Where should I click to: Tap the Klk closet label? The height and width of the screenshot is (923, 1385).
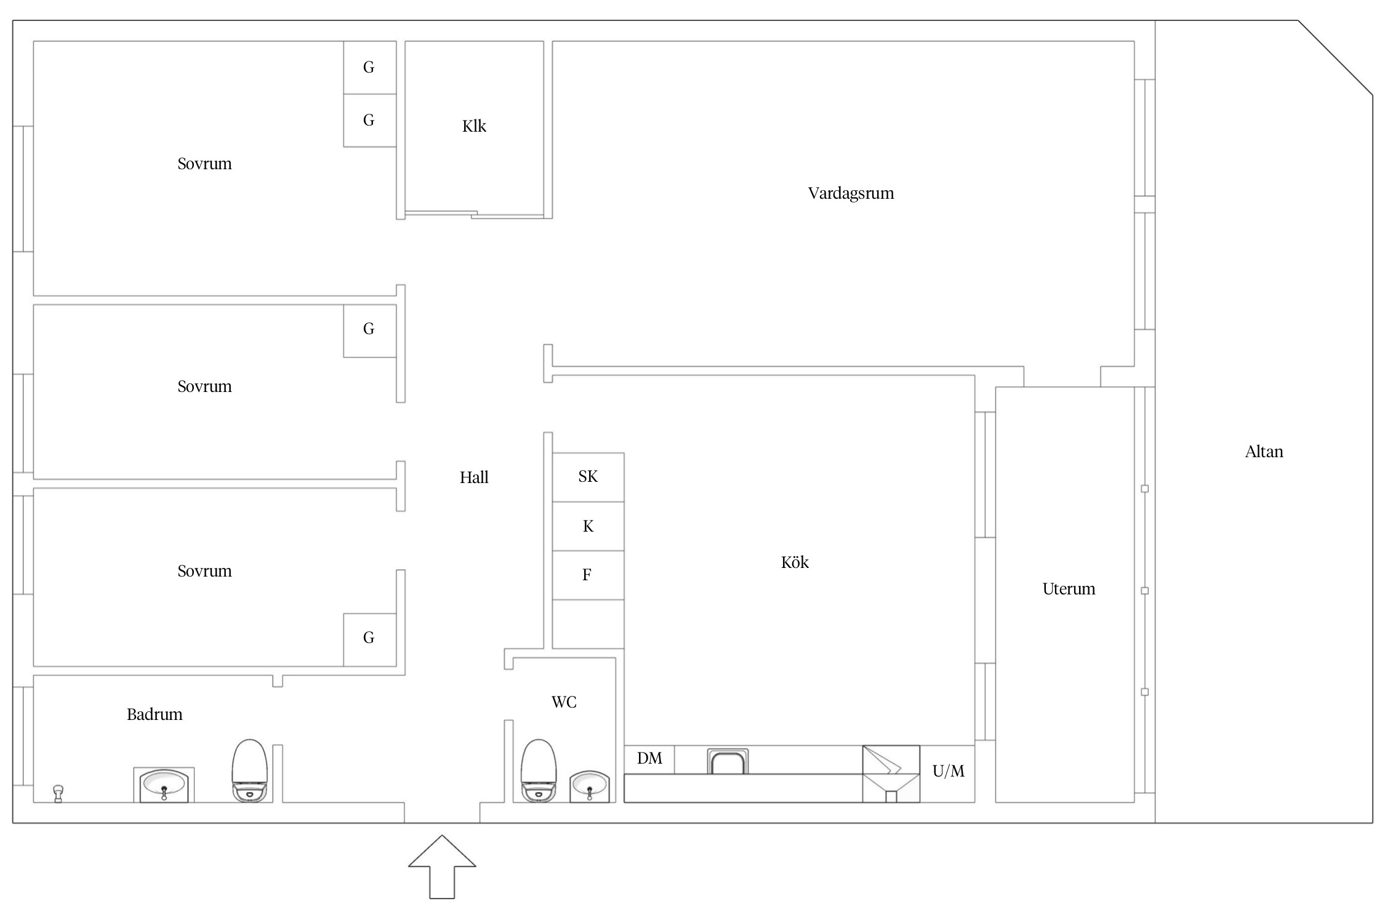tap(474, 126)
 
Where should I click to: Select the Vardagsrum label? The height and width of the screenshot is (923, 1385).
tap(851, 193)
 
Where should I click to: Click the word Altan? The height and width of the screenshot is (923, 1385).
tap(1264, 452)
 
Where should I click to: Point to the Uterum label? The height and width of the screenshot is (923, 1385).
tap(1069, 589)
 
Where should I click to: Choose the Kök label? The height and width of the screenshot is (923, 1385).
tap(795, 562)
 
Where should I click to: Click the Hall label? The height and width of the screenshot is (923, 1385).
tap(474, 477)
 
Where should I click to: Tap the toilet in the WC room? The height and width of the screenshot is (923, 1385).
tap(539, 770)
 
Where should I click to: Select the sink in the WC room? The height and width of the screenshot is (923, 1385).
tap(590, 786)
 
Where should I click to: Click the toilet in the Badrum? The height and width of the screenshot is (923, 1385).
tap(249, 770)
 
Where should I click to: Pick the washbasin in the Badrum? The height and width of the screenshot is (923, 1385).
tap(164, 785)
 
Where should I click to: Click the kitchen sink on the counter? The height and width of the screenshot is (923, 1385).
tap(728, 761)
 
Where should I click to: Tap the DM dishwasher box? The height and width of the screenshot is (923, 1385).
tap(649, 759)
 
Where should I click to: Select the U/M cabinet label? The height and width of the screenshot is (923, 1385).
tap(948, 771)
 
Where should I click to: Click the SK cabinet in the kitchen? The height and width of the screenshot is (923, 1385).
tap(588, 477)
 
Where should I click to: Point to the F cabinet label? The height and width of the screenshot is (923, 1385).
tap(587, 575)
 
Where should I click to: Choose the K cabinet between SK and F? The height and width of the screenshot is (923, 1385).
tap(588, 526)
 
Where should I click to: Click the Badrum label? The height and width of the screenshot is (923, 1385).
tap(155, 714)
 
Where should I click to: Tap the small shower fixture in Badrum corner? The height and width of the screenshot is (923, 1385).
tap(58, 793)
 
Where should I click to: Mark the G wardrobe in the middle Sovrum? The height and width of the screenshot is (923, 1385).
tap(369, 331)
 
